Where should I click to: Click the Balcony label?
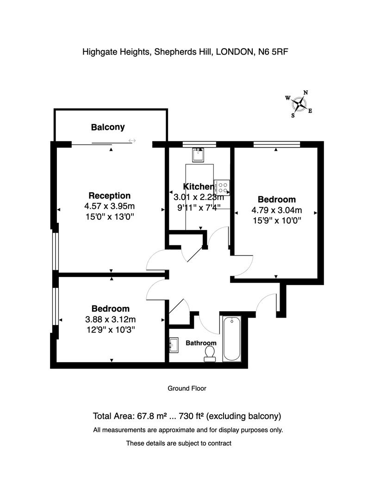[x=108, y=127]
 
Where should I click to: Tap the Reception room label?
[x=109, y=195]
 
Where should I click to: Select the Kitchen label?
[x=198, y=187]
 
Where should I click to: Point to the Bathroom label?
[x=201, y=343]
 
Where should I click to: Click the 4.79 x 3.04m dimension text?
[x=277, y=210]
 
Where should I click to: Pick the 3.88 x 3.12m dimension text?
[x=110, y=319]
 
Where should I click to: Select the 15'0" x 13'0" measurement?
[x=109, y=217]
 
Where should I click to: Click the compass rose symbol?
[x=299, y=104]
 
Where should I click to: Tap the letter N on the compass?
[x=305, y=93]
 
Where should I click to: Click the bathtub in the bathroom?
[x=231, y=338]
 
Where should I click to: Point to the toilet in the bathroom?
[x=210, y=354]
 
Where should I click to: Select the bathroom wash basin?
[x=174, y=345]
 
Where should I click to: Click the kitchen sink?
[x=198, y=155]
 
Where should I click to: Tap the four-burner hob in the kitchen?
[x=222, y=187]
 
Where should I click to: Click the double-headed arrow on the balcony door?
[x=132, y=141]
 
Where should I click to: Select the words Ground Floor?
[x=187, y=388]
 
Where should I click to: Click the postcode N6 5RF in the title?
[x=273, y=52]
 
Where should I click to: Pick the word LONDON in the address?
[x=235, y=52]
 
